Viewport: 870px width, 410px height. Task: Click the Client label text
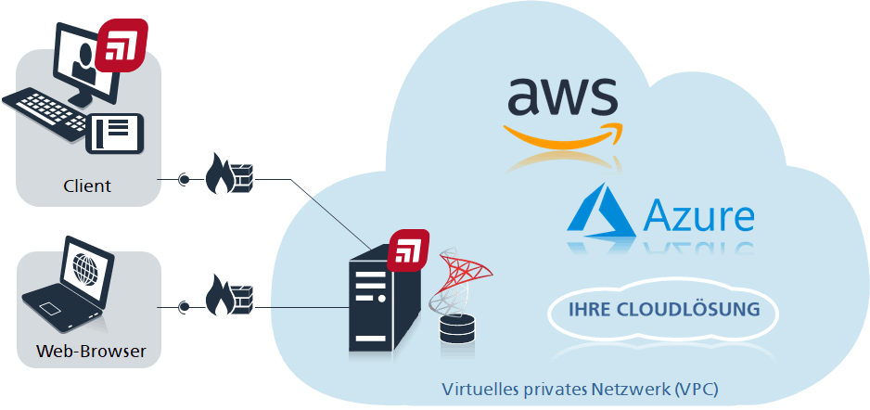87,186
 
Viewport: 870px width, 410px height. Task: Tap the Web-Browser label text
91,352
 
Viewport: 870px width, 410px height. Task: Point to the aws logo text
562,96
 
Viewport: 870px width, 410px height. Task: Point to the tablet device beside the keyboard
115,133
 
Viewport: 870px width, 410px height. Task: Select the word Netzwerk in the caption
630,389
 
